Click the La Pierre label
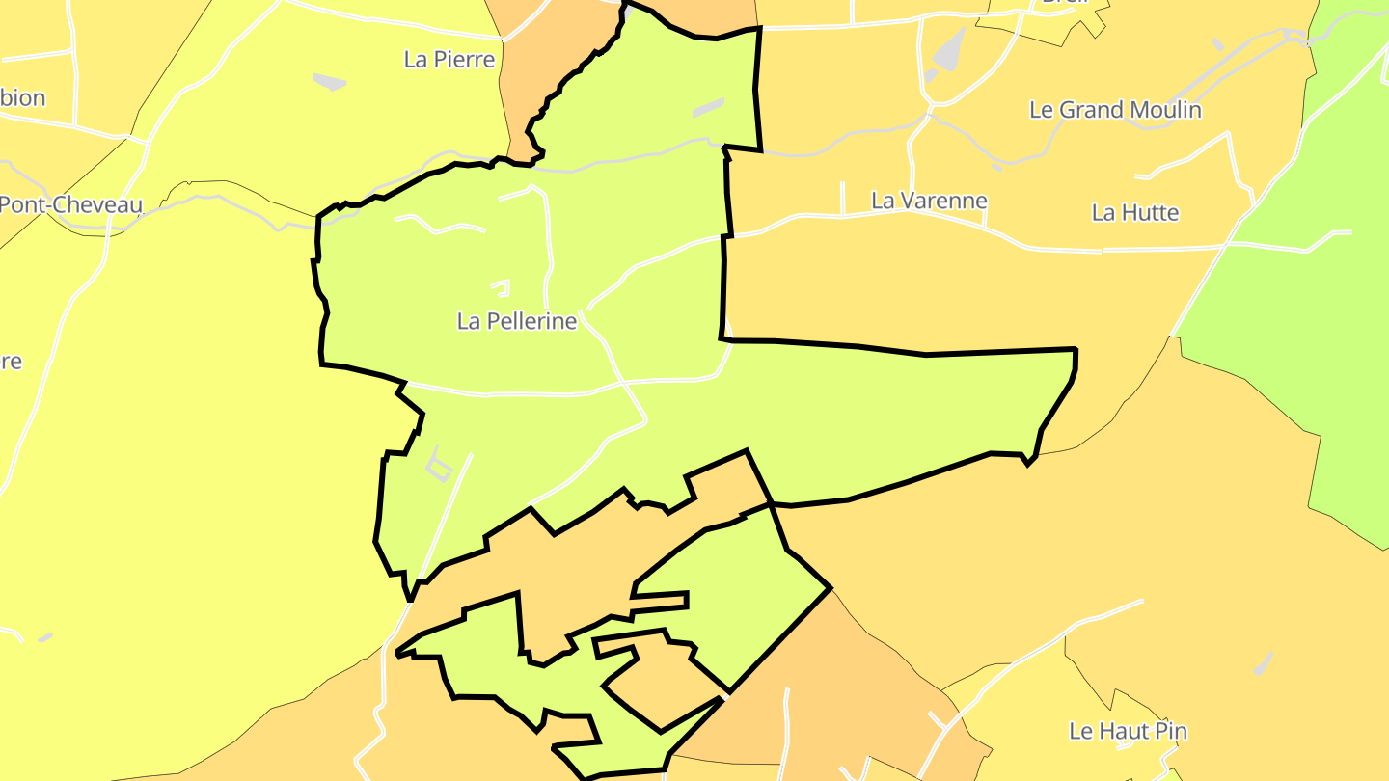[x=449, y=60]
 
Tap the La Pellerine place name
[x=517, y=321]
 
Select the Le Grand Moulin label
[x=1115, y=110]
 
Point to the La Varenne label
[x=929, y=201]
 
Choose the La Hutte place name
[x=1135, y=212]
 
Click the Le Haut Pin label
[x=1128, y=731]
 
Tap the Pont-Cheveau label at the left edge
[x=69, y=204]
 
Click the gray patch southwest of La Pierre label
[x=330, y=82]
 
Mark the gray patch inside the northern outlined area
[x=708, y=108]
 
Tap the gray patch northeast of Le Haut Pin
[x=1264, y=663]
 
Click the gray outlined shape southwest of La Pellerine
[x=439, y=466]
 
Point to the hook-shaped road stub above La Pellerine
[x=501, y=286]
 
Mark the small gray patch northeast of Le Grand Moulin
[x=1217, y=44]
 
